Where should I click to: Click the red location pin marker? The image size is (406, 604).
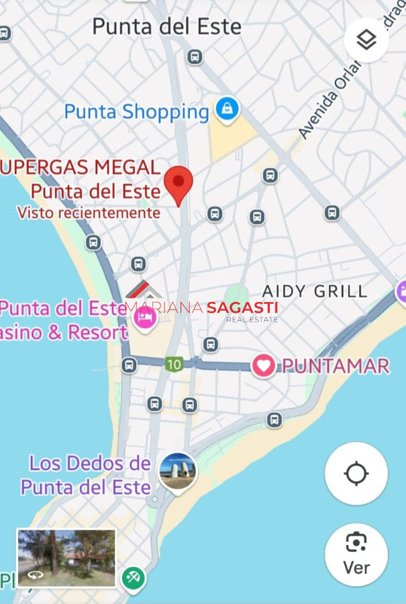point(179,183)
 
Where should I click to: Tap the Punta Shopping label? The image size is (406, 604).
point(137,111)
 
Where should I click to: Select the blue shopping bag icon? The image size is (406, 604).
point(227,108)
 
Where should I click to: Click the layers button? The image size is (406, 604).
point(366,40)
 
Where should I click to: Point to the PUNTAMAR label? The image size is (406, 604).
point(336,366)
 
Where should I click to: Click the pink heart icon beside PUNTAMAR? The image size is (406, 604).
point(263,366)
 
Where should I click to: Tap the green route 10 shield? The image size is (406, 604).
point(174,364)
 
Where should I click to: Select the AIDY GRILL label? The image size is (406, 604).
point(314,291)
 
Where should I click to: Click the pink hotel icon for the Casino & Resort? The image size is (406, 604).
point(144,318)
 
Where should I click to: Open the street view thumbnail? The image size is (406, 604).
point(66,558)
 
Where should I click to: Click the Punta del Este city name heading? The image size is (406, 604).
point(166,27)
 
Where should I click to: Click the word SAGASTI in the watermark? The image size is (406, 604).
point(242,308)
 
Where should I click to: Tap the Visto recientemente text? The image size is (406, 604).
point(89,213)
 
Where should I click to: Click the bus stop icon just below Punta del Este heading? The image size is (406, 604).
point(195,56)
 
